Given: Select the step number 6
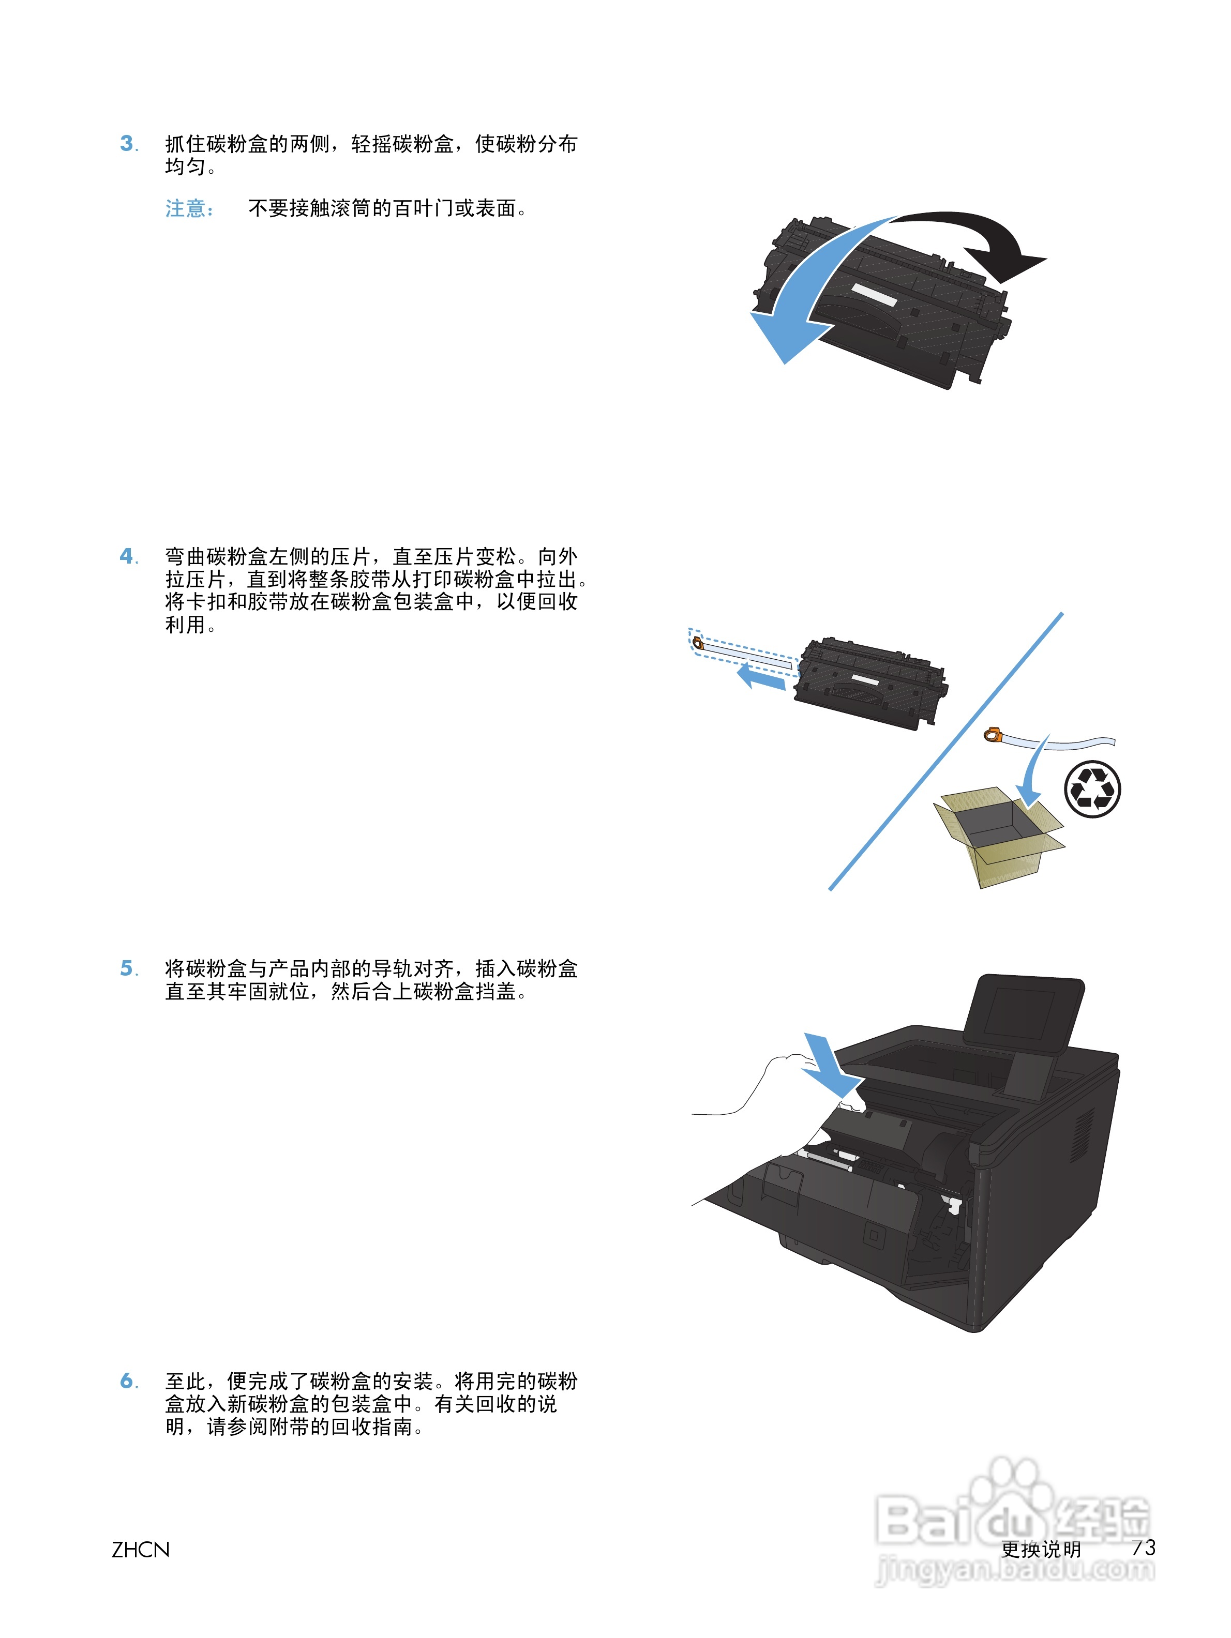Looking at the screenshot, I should [x=127, y=1381].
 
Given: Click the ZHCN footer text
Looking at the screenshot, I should [x=140, y=1549].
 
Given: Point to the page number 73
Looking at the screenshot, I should [x=1143, y=1547].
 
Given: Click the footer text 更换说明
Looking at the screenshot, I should [x=1041, y=1549].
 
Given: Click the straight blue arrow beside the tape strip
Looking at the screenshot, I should [x=761, y=677].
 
